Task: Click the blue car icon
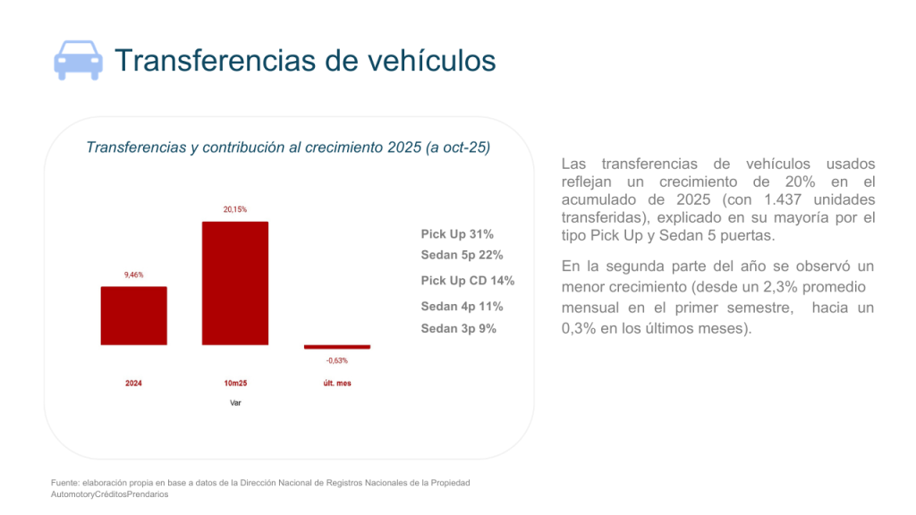tap(78, 61)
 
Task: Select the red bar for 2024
tap(133, 316)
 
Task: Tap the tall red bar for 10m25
tap(235, 283)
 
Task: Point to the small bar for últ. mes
tap(336, 347)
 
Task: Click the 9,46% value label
tap(133, 274)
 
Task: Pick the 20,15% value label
tap(235, 209)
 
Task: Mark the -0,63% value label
tap(336, 361)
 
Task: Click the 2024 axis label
tap(133, 384)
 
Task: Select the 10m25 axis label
tap(235, 384)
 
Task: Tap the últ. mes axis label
tap(336, 384)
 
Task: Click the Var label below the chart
tap(235, 403)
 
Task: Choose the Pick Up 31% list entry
tap(457, 234)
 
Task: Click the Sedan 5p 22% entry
tap(462, 255)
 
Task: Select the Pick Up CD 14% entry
tap(468, 281)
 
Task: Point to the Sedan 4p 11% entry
tap(462, 307)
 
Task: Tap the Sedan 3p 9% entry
tap(459, 328)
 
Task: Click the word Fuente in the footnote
tap(66, 484)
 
